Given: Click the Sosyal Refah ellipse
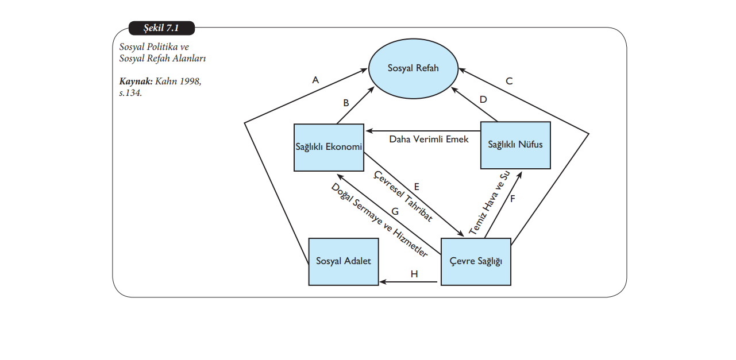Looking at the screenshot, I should tap(413, 68).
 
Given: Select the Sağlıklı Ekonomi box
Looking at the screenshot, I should tap(329, 148).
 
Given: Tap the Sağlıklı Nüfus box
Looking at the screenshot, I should tap(515, 145).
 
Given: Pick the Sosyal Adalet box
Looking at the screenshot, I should tap(344, 261).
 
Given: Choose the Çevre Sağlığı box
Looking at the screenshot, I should tap(475, 261).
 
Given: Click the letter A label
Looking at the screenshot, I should tap(315, 80).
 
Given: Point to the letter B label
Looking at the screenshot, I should tap(346, 103).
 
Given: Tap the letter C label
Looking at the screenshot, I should tap(509, 81).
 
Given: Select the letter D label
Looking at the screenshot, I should tap(483, 99).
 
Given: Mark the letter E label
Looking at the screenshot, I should tap(417, 187).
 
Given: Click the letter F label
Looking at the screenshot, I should tap(512, 199).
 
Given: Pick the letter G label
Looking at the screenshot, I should tap(395, 211).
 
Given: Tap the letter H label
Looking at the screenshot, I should tap(414, 274).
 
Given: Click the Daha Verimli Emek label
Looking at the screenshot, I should tap(429, 139).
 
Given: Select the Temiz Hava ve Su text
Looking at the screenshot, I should tap(489, 203).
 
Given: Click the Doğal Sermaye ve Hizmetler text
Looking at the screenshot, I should tap(379, 220).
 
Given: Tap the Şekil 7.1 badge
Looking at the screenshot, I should tap(161, 28).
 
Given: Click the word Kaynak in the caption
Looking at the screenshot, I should tap(136, 82).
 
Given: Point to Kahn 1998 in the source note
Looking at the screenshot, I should tap(178, 82).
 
